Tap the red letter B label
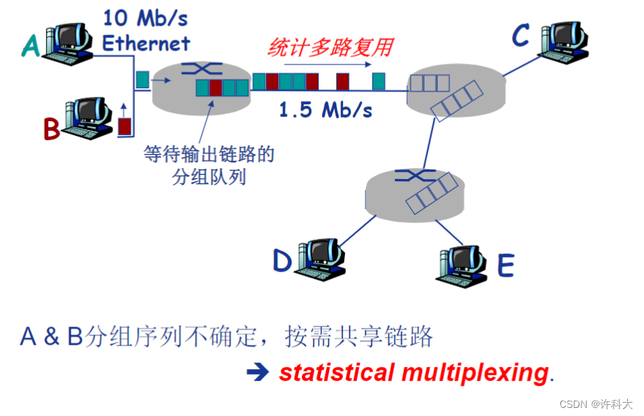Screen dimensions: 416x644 pos(51,129)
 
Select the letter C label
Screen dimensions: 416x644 pos(520,35)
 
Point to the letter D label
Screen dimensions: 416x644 pos(282,260)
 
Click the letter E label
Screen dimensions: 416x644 pos(505,265)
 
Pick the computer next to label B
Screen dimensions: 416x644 pos(88,117)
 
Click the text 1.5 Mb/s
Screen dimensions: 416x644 pos(325,111)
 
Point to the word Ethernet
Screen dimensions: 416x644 pos(146,43)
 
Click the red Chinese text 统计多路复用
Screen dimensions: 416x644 pos(330,48)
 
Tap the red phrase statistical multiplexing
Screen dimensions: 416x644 pos(413,373)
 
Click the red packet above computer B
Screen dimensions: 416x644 pos(124,126)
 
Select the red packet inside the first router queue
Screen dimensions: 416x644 pos(214,88)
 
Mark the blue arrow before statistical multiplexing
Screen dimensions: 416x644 pos(258,373)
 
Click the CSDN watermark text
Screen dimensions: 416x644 pos(596,404)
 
